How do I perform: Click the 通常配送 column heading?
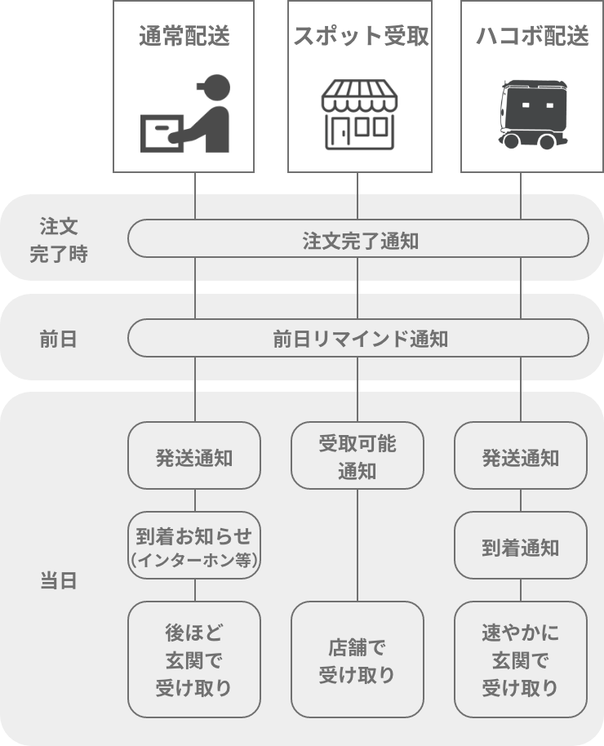click(x=184, y=36)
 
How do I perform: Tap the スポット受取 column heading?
click(x=361, y=36)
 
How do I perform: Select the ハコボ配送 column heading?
click(x=532, y=36)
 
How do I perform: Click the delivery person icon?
click(x=185, y=113)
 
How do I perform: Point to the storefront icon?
click(x=359, y=114)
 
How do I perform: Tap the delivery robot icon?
click(x=533, y=114)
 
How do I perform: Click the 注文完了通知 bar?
click(x=358, y=238)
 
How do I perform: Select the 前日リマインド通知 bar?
click(x=358, y=338)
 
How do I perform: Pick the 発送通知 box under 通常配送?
click(x=194, y=455)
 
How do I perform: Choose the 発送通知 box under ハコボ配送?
click(x=521, y=455)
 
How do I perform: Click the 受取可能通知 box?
click(x=358, y=455)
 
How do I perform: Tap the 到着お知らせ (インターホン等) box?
click(x=194, y=545)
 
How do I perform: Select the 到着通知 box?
click(x=521, y=545)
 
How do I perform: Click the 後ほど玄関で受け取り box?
click(x=194, y=659)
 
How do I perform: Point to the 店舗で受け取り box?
click(x=358, y=659)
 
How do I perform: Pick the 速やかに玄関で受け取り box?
click(x=521, y=659)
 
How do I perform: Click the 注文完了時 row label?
click(x=59, y=240)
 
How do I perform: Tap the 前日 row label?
click(x=58, y=340)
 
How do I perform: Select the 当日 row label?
click(x=58, y=581)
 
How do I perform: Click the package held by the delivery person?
click(x=162, y=134)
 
